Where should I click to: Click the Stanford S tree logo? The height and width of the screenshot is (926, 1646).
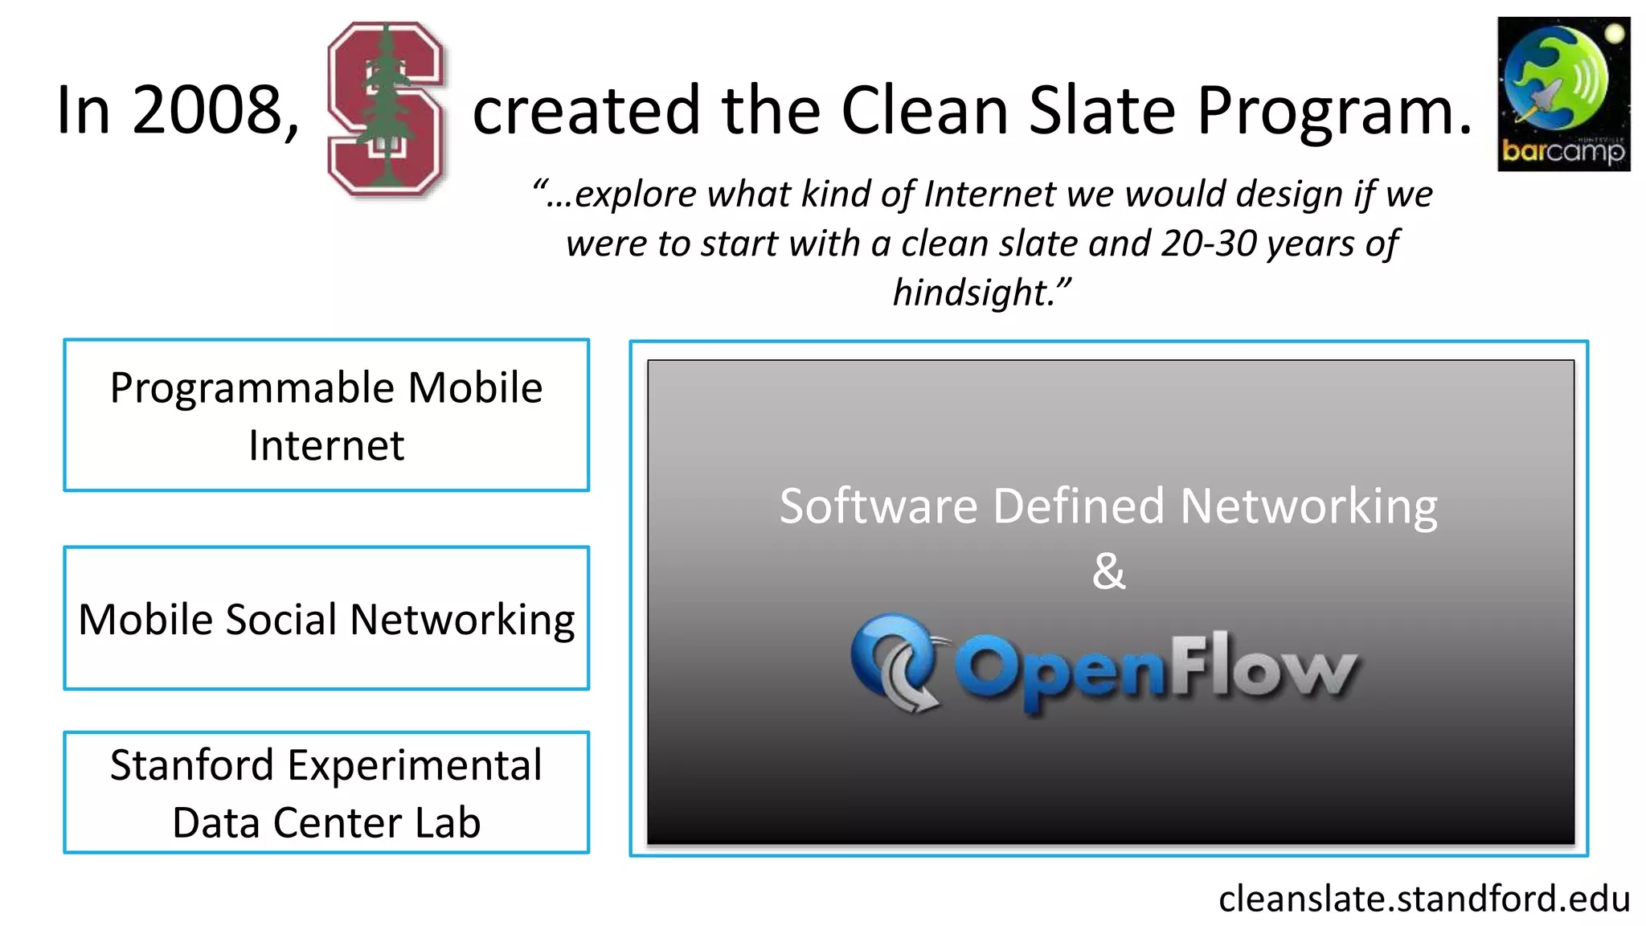click(x=386, y=109)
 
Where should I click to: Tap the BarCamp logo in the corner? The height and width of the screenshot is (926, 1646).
click(x=1563, y=94)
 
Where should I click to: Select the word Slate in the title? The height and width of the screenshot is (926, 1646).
click(x=1102, y=110)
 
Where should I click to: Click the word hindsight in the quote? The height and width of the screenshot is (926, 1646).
click(x=972, y=293)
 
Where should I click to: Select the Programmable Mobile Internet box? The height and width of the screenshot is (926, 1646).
click(x=326, y=415)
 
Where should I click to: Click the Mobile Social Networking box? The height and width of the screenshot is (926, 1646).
click(x=326, y=618)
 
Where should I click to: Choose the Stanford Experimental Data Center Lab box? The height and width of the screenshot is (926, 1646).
click(x=326, y=793)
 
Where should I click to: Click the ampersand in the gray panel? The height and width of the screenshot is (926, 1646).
click(x=1109, y=572)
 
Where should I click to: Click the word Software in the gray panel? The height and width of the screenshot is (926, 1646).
click(x=878, y=506)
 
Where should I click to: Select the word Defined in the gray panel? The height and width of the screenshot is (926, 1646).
click(x=1078, y=506)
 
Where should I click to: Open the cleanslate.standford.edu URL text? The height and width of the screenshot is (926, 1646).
click(x=1423, y=899)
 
